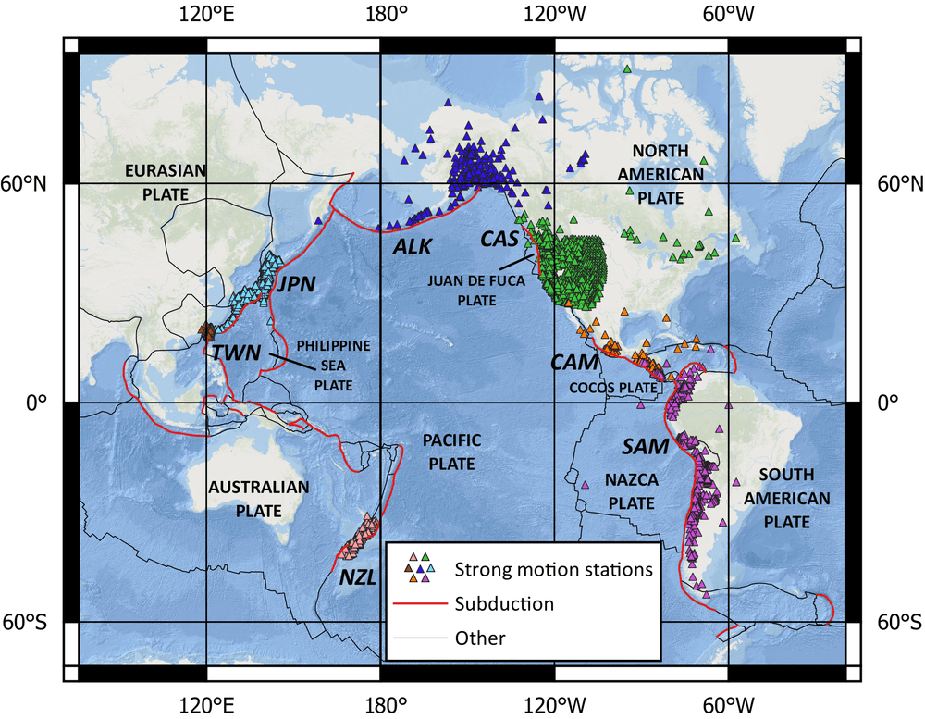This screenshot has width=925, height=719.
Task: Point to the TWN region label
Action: click(236, 353)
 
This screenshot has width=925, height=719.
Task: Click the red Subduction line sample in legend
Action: click(418, 604)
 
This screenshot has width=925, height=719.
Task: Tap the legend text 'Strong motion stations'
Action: click(553, 568)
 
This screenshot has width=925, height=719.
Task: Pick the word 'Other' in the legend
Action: click(480, 638)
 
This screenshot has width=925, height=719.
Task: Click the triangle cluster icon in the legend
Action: click(418, 567)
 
